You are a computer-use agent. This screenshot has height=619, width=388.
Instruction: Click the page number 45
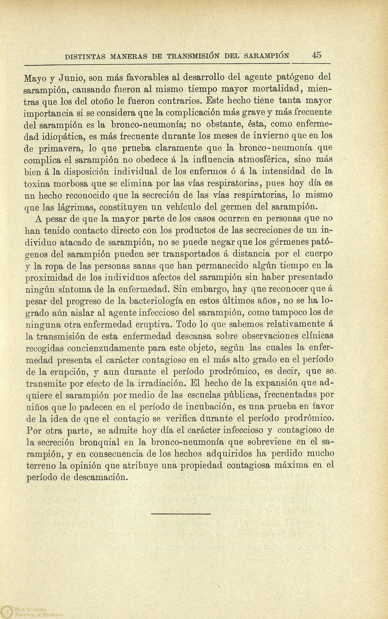point(316,55)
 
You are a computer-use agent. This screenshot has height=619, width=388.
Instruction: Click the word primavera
point(63,148)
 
